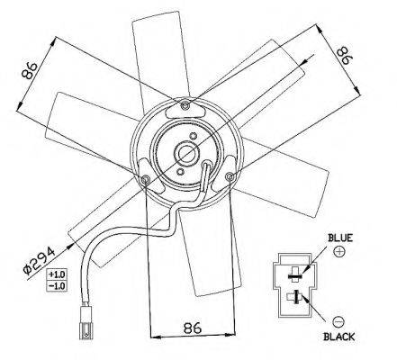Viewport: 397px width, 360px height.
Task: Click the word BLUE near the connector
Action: [340, 238]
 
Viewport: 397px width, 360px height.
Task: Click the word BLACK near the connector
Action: [339, 337]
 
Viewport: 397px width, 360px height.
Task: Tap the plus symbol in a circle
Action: [339, 251]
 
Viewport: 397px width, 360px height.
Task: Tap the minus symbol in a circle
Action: [338, 322]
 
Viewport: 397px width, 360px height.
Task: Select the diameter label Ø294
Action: [40, 260]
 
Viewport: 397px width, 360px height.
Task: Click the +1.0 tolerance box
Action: [57, 274]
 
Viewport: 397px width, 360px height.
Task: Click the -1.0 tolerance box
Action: [57, 285]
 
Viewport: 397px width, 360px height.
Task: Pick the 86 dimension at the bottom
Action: [192, 328]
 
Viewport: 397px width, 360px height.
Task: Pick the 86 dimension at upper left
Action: [30, 70]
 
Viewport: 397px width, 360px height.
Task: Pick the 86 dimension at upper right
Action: [343, 56]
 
